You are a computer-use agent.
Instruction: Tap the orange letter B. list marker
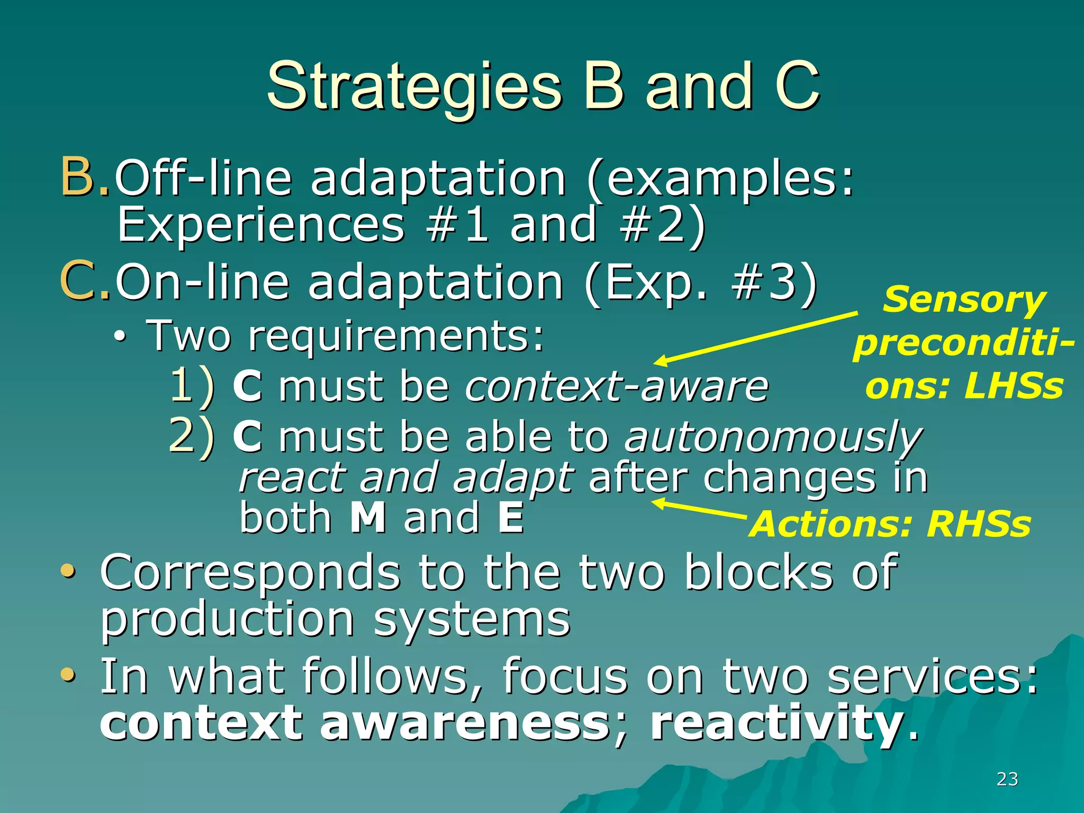(85, 177)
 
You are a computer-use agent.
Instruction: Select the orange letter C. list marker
(85, 282)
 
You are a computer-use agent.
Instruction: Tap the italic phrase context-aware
(617, 386)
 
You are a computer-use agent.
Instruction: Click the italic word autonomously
(773, 438)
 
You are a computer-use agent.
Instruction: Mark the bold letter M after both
(368, 518)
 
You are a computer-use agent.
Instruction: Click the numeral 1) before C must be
(192, 386)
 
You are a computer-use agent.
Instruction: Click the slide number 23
(1007, 779)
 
